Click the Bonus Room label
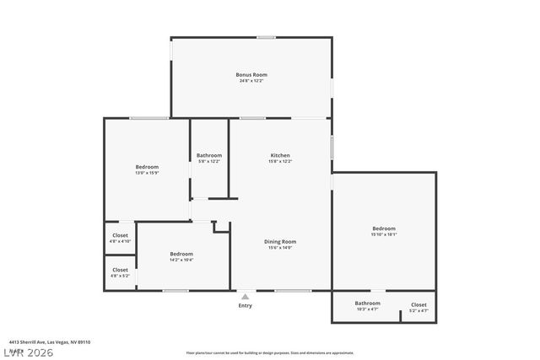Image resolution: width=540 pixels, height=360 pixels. click(x=251, y=74)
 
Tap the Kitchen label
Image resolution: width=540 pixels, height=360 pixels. click(x=280, y=155)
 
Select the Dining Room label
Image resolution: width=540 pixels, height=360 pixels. click(x=281, y=241)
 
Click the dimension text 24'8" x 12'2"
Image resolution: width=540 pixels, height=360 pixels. click(x=251, y=81)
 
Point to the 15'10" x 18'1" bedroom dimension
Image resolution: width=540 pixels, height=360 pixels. click(x=384, y=234)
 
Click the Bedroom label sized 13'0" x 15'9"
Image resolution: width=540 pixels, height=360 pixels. click(x=147, y=167)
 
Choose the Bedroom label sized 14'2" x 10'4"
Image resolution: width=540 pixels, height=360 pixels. click(x=181, y=253)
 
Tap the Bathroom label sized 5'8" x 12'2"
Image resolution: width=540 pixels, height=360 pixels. click(x=209, y=155)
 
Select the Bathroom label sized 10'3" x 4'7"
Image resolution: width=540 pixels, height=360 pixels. click(x=367, y=304)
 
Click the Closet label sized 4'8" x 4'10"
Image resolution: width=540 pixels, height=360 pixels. click(x=120, y=235)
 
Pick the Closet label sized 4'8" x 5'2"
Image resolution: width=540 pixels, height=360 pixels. click(x=120, y=270)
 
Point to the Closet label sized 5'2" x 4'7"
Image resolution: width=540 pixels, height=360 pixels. click(x=418, y=304)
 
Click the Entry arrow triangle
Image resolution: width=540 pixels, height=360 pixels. click(x=245, y=297)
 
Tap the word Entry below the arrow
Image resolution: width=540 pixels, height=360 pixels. click(x=245, y=305)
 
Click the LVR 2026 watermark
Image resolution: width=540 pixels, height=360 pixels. click(x=28, y=352)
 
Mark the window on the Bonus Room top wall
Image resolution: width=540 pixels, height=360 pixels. click(x=266, y=37)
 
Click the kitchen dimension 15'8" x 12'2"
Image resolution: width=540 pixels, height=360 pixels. click(x=280, y=161)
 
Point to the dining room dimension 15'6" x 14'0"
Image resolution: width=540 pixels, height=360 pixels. click(x=281, y=247)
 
